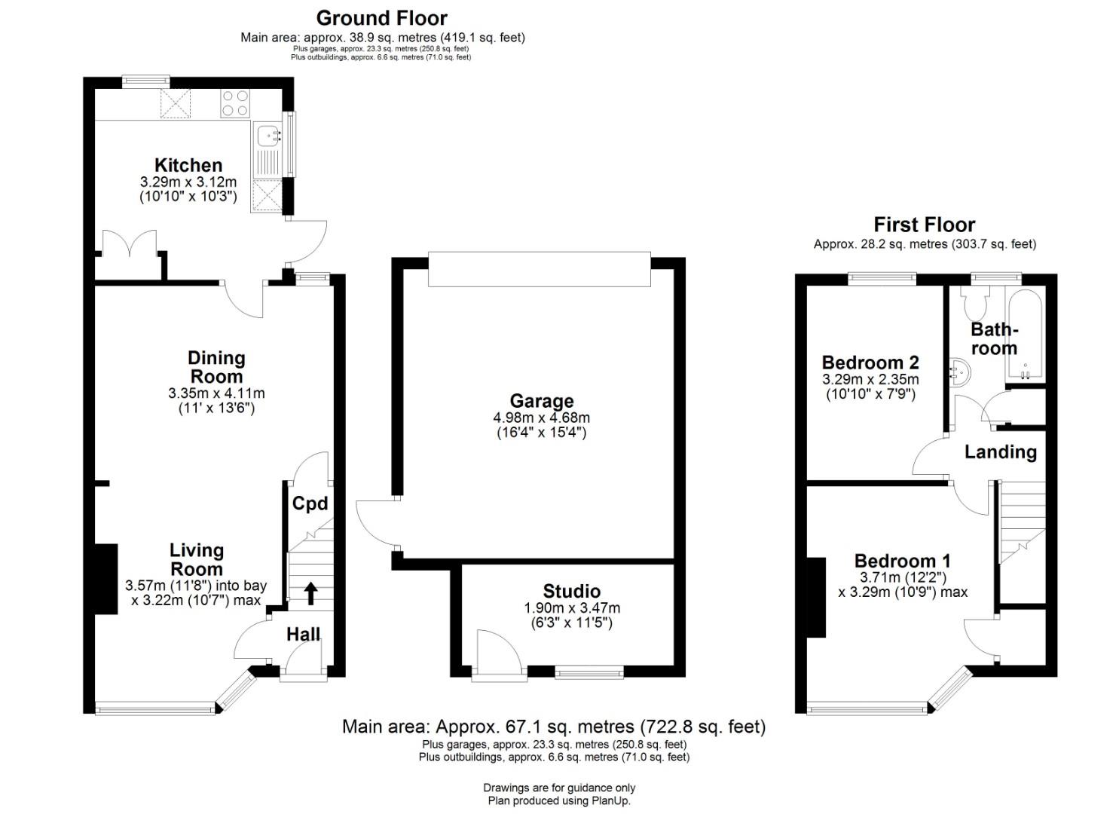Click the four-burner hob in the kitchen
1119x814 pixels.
pyautogui.click(x=234, y=103)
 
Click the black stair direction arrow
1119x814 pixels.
pyautogui.click(x=310, y=593)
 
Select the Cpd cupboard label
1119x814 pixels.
pyautogui.click(x=310, y=503)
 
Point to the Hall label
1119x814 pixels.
pyautogui.click(x=303, y=635)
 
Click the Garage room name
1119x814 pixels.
pyautogui.click(x=542, y=401)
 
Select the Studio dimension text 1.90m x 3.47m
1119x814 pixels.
pyautogui.click(x=572, y=608)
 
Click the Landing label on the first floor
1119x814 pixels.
pyautogui.click(x=1001, y=451)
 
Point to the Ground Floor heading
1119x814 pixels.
pyautogui.click(x=381, y=18)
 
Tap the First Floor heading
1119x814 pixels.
pyautogui.click(x=925, y=225)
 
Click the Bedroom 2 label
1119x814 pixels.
pyautogui.click(x=871, y=362)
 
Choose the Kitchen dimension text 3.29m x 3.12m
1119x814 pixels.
pyautogui.click(x=188, y=182)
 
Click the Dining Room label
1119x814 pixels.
pyautogui.click(x=217, y=367)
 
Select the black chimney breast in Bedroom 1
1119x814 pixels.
pyautogui.click(x=816, y=598)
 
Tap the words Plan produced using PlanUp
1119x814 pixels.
pyautogui.click(x=559, y=800)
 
